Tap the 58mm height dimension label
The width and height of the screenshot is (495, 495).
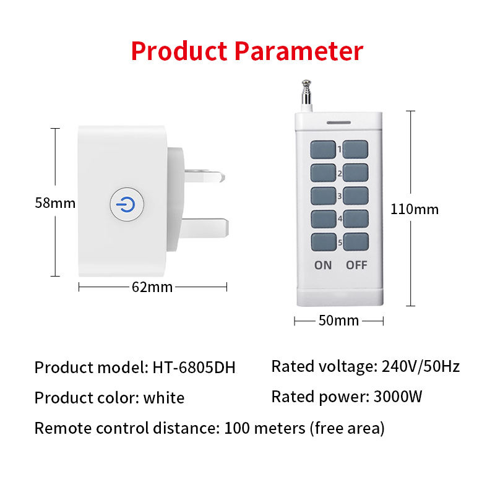54,203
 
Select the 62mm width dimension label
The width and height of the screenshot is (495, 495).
152,286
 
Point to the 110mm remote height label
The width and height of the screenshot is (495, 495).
414,209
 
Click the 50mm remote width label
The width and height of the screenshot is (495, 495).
338,321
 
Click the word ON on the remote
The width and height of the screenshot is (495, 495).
323,265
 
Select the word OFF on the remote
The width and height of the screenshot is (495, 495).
356,265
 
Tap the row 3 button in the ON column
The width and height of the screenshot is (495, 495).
322,196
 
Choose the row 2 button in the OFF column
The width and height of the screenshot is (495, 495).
356,172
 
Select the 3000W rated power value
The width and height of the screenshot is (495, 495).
398,397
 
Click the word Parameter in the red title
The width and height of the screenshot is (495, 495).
298,51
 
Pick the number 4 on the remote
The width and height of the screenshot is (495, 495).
340,218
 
